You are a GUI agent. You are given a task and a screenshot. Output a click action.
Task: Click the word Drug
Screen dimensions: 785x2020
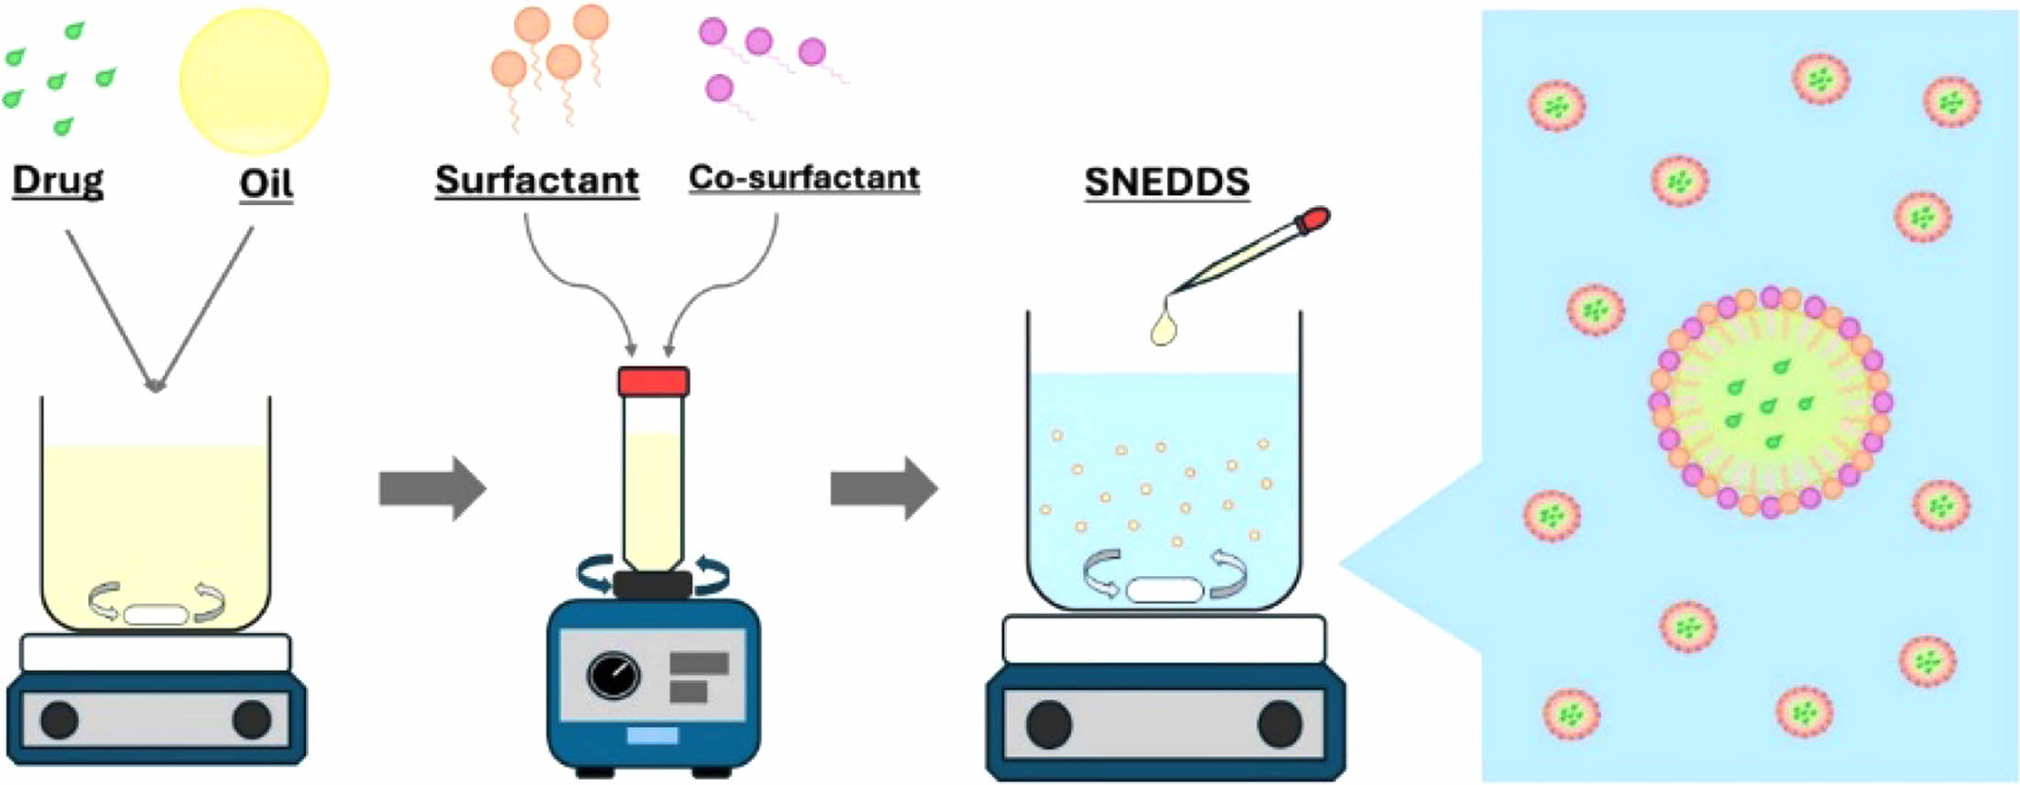58,180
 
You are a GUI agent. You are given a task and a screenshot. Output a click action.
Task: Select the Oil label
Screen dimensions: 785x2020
266,183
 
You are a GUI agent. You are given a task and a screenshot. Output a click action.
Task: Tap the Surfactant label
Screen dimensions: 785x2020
537,180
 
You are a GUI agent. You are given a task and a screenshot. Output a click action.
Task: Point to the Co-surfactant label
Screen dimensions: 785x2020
803,177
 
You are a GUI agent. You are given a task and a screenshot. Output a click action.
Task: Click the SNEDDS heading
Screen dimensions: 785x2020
1166,181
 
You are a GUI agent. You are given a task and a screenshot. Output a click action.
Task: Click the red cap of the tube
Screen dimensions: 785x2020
653,381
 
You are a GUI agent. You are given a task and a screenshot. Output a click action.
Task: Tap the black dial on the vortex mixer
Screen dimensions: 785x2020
613,676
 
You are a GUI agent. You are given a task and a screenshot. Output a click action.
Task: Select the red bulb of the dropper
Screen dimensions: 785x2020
1316,219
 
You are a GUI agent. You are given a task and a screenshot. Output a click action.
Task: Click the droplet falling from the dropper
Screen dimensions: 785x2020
1164,327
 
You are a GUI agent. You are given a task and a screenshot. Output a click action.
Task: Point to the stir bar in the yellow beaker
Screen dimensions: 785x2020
156,614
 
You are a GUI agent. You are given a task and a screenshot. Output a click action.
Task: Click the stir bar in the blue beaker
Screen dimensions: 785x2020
1164,589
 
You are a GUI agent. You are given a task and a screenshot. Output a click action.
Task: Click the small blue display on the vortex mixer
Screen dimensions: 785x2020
652,735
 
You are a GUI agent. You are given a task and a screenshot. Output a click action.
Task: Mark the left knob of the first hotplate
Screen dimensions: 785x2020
60,720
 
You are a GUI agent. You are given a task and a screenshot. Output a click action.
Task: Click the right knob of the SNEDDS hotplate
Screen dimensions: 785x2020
1280,725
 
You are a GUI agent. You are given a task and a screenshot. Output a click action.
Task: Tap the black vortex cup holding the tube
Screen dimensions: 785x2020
652,584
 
